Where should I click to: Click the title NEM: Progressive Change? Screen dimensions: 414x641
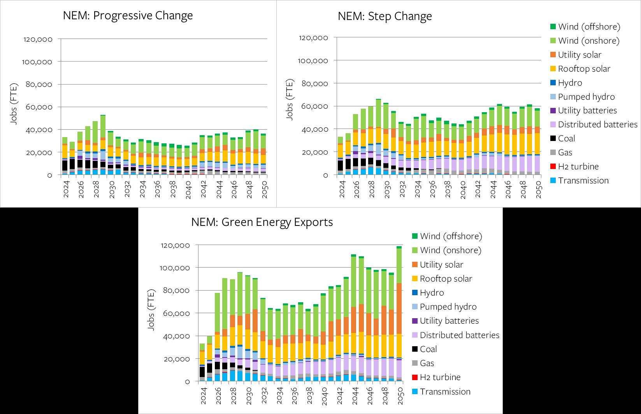point(128,16)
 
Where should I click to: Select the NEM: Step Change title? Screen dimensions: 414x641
point(385,16)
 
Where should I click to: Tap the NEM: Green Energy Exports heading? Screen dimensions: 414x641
point(262,222)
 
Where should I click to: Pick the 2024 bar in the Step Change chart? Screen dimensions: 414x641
point(341,156)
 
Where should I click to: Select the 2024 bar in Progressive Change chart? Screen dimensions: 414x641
point(65,156)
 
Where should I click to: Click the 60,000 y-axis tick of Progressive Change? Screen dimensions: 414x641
point(38,107)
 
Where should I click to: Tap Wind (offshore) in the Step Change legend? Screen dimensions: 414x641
point(589,26)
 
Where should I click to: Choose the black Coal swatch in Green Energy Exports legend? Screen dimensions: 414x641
point(414,349)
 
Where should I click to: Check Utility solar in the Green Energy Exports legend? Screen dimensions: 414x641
point(441,264)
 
